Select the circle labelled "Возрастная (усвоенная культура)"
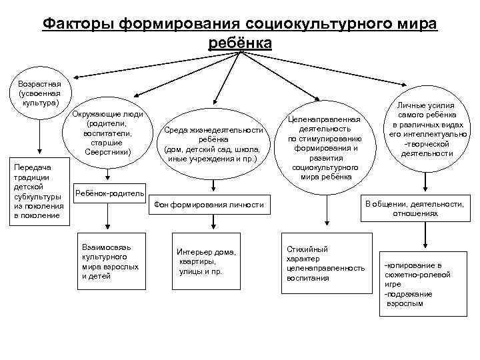click(41, 94)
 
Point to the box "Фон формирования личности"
click(209, 204)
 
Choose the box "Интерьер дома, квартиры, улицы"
click(207, 261)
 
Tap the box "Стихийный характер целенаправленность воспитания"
click(325, 263)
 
